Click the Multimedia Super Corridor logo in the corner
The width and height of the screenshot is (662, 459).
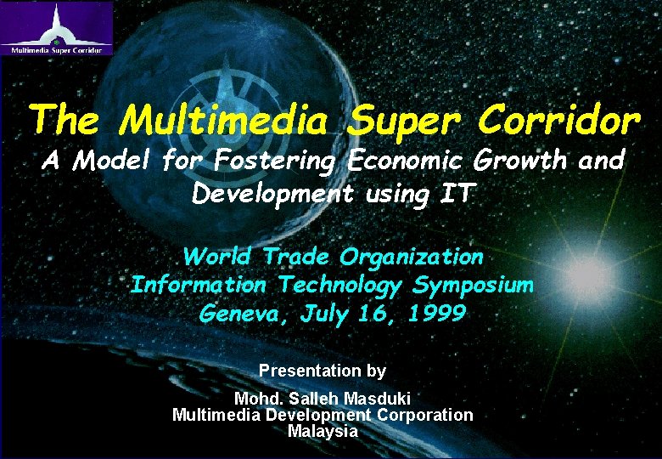57,28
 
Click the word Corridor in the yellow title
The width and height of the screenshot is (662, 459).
558,122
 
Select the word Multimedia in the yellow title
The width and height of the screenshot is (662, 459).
223,122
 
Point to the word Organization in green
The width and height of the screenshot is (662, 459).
412,256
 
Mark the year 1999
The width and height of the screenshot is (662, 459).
436,314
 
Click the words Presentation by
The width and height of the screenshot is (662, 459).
323,371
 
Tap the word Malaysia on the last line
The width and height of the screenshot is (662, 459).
323,431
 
